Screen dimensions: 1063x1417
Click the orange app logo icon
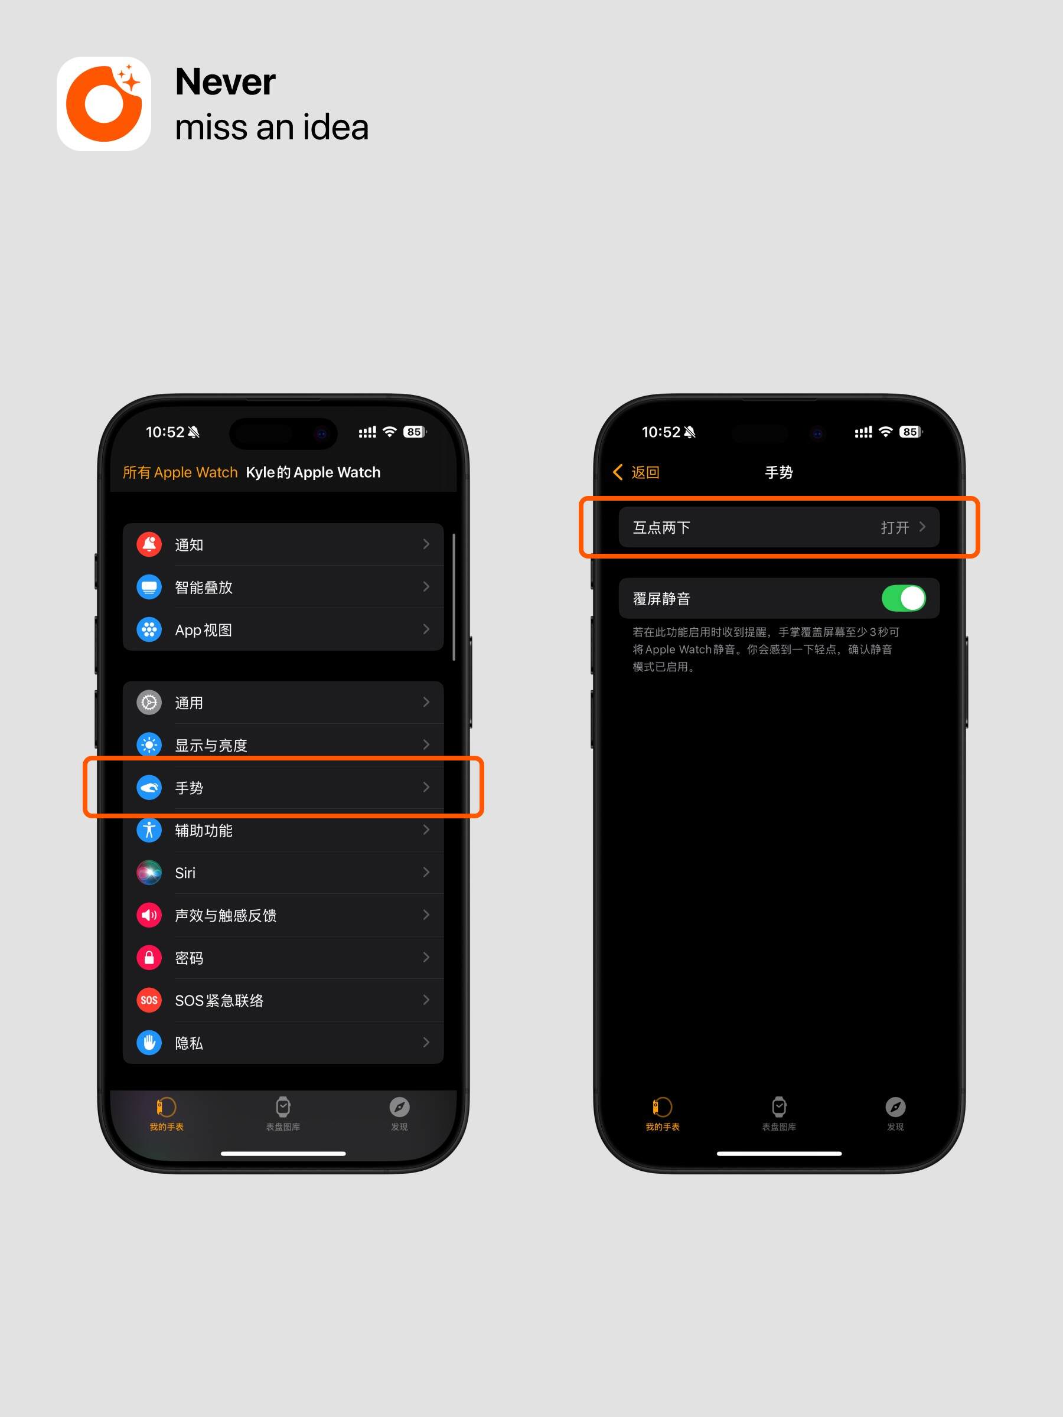(104, 104)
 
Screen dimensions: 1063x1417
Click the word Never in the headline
(225, 82)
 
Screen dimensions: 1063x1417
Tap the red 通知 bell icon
(149, 544)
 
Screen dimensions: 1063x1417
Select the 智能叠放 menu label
(204, 587)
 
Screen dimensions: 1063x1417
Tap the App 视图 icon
(149, 630)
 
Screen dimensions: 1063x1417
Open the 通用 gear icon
(149, 703)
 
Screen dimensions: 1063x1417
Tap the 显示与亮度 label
(211, 746)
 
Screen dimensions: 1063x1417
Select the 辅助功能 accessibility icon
(149, 830)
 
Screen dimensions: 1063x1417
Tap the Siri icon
(149, 873)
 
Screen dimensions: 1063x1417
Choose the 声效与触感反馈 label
(226, 915)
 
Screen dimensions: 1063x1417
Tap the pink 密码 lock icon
(149, 958)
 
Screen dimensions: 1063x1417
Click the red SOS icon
(149, 1000)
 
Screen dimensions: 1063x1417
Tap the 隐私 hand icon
(149, 1043)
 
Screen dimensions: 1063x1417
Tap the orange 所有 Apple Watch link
(180, 473)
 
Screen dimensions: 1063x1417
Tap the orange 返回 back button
(636, 473)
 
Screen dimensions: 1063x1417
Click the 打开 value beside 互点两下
(895, 527)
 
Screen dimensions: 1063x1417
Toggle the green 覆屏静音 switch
(904, 598)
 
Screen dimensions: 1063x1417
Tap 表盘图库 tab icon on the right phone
(779, 1107)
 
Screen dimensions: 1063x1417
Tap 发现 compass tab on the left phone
(399, 1107)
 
